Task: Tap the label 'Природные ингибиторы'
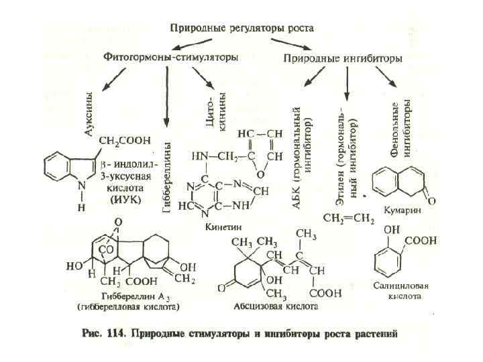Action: click(x=343, y=59)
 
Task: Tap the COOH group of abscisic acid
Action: click(x=310, y=293)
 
